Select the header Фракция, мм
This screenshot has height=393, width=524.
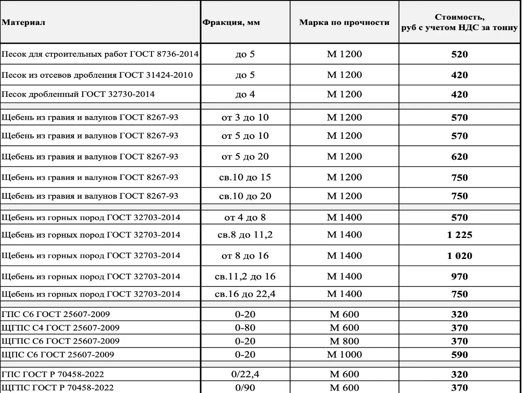point(231,22)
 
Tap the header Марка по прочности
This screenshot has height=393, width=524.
point(344,22)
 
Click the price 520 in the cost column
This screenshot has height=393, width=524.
point(459,55)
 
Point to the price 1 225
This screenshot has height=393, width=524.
point(459,235)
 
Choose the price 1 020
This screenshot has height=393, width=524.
point(459,256)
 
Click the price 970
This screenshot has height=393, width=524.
point(459,276)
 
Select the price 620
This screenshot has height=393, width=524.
point(459,157)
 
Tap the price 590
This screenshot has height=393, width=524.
point(459,355)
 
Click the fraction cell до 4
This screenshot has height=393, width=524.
point(245,94)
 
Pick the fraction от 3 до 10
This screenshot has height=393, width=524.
point(245,117)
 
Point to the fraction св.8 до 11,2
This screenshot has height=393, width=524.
point(245,235)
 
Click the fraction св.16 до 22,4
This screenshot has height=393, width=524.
point(245,294)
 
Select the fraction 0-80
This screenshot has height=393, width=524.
point(245,327)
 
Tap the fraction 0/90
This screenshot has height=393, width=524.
point(245,387)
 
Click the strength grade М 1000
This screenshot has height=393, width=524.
point(344,355)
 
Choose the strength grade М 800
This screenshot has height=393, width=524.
point(344,341)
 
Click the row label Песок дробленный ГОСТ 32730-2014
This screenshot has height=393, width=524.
point(78,94)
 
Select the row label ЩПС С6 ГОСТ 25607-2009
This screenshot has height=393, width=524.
point(58,355)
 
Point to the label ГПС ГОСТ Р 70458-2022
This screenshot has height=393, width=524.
point(53,374)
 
